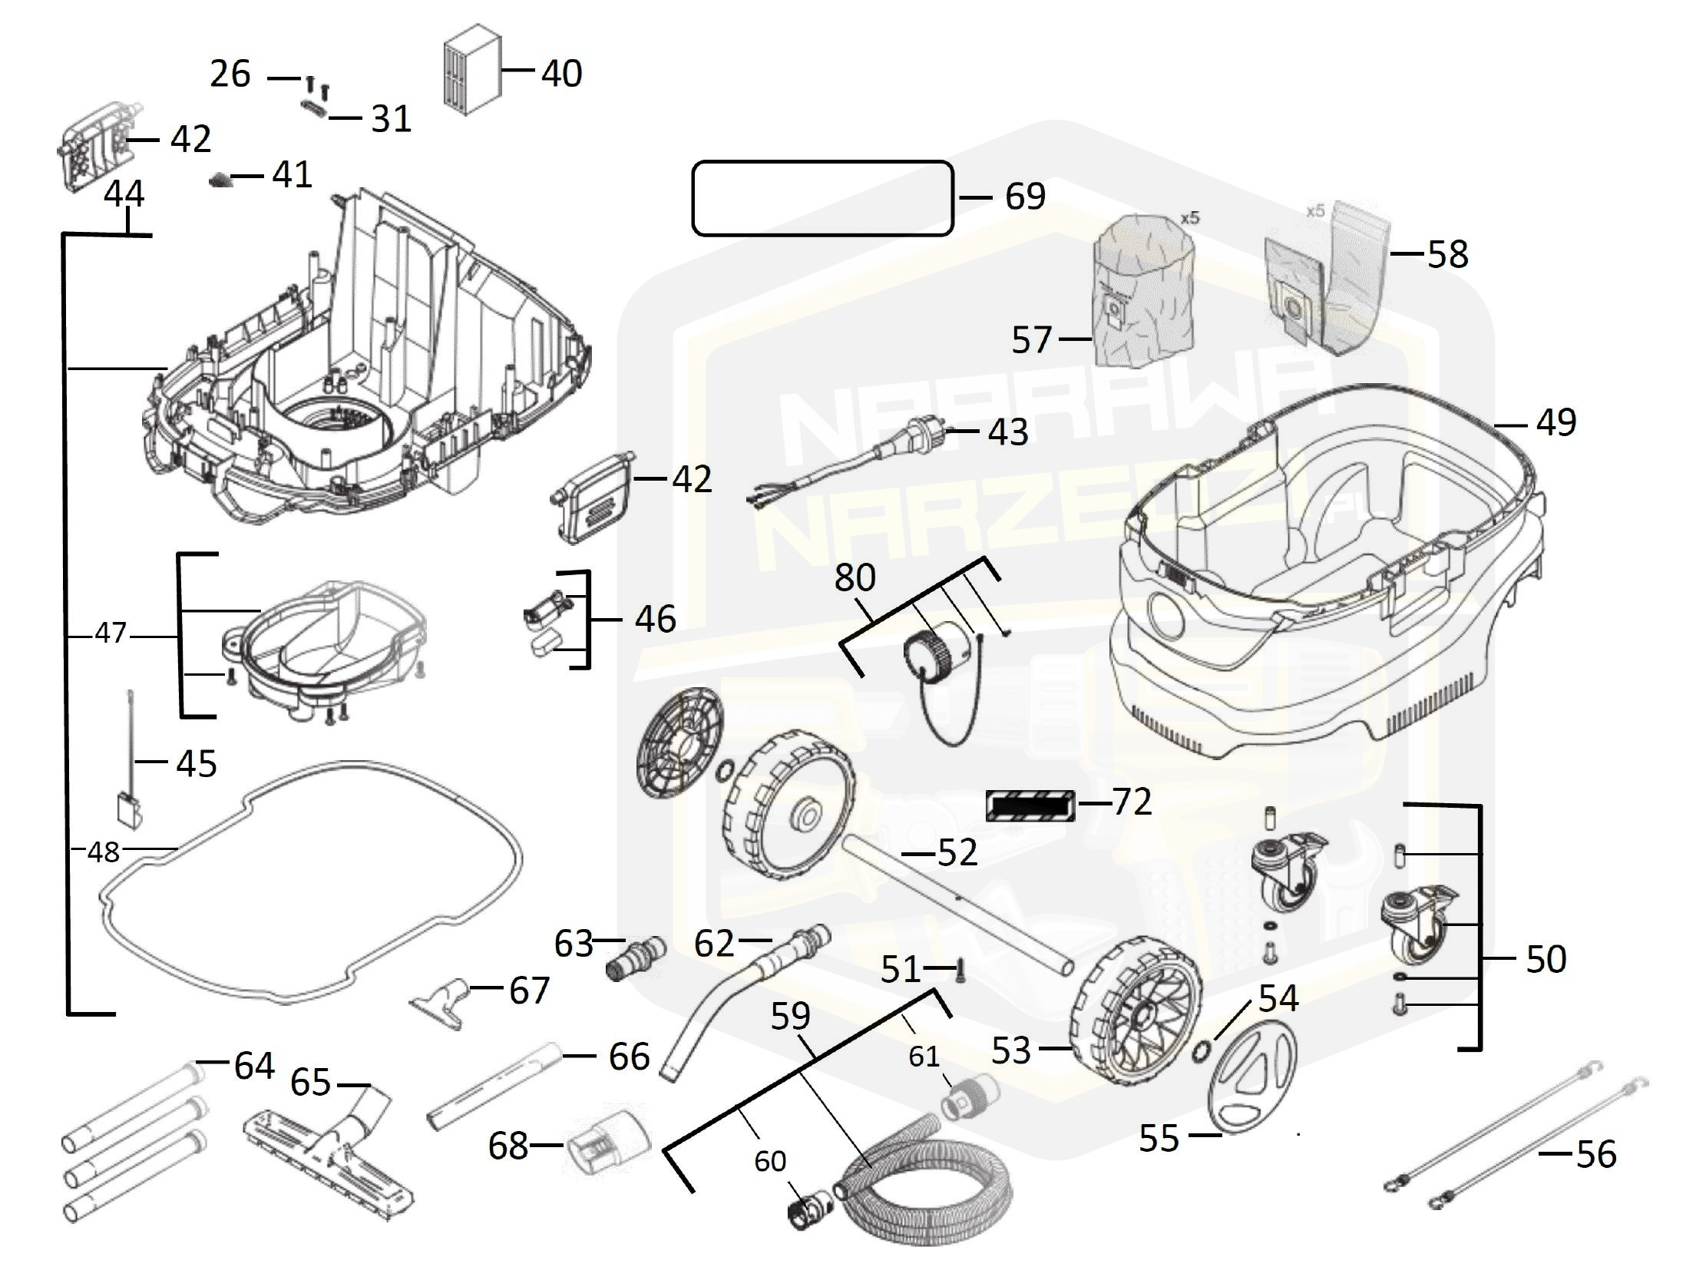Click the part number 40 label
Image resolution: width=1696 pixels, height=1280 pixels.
[561, 74]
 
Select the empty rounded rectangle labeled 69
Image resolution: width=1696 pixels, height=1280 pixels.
[822, 197]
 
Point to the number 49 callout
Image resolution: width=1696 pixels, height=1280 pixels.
[1555, 422]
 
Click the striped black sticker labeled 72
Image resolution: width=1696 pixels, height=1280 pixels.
[1030, 805]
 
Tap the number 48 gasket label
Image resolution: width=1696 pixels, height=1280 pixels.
[104, 852]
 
